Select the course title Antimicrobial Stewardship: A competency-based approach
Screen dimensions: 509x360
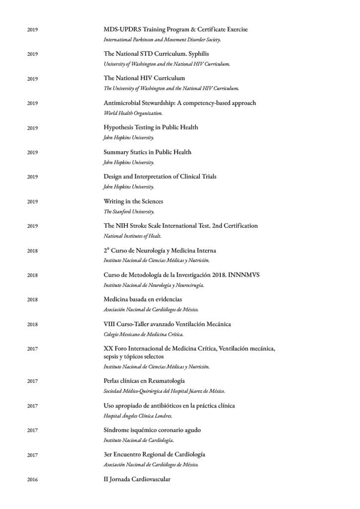(x=180, y=103)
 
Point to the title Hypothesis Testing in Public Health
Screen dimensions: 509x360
(x=151, y=127)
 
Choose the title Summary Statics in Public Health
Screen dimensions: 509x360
(x=147, y=152)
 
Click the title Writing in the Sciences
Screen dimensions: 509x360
(x=133, y=201)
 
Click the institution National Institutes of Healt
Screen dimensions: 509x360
(x=132, y=236)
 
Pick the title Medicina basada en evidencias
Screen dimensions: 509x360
(x=143, y=299)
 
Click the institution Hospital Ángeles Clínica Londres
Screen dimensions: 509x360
(x=138, y=416)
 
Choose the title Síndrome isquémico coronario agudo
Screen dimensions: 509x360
(x=152, y=430)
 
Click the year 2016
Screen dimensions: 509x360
(x=32, y=480)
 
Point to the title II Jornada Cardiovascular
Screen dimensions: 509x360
(x=137, y=479)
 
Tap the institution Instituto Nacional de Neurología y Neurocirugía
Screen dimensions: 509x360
(x=154, y=285)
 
